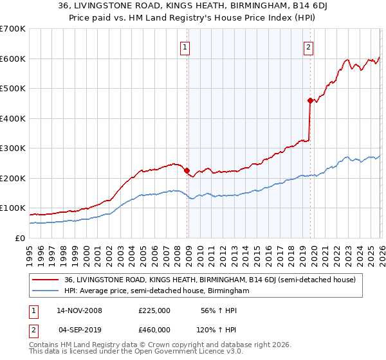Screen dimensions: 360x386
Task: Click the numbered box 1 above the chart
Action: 185,46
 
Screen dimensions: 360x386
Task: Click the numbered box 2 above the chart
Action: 309,46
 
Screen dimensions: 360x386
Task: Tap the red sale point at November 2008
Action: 187,171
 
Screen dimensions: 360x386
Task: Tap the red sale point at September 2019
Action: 310,100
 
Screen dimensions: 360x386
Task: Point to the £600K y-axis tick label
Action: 13,59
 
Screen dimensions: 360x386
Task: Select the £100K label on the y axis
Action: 13,208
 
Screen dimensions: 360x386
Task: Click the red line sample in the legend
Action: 46,280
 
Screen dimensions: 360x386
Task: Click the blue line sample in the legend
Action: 46,291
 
